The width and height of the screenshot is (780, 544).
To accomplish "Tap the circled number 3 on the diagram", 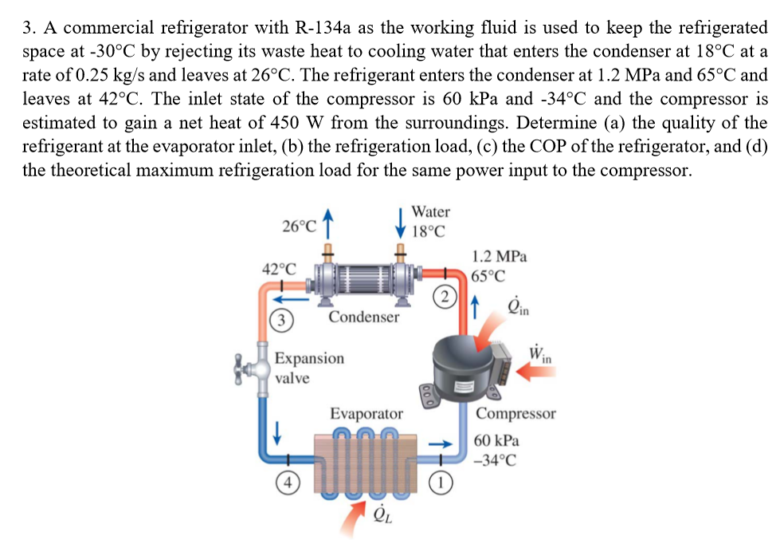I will coord(278,320).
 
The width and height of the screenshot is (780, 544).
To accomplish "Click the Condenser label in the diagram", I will coord(364,317).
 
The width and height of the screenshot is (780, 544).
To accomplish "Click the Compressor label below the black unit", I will coord(515,413).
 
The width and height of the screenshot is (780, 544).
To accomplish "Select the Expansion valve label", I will coord(309,368).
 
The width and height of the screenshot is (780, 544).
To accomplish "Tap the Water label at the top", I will coord(430,211).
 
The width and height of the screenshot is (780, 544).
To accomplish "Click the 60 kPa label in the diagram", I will coord(496,440).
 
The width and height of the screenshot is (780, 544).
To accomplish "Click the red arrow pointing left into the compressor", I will coord(534,371).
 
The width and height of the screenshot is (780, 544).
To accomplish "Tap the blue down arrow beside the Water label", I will coord(402,222).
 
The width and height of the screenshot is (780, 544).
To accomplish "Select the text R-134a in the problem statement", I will coord(322,27).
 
